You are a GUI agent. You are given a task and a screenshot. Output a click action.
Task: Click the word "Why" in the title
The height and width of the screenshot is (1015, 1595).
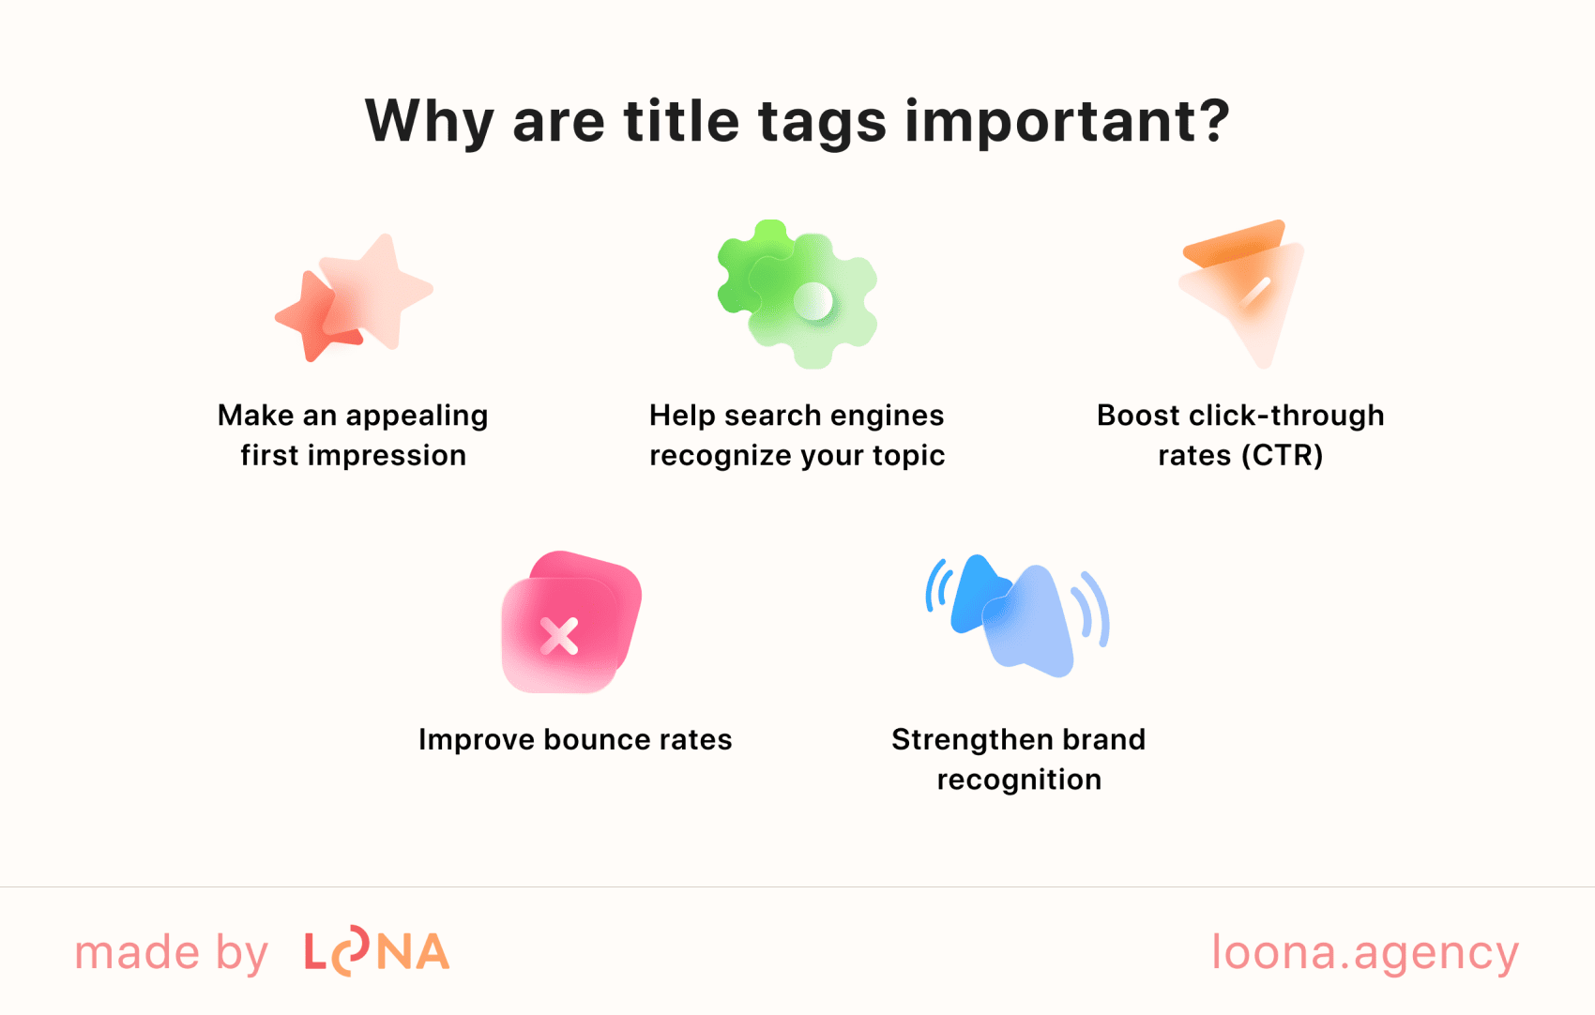click(x=429, y=122)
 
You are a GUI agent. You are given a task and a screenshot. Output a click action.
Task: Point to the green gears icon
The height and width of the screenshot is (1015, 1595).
click(x=797, y=295)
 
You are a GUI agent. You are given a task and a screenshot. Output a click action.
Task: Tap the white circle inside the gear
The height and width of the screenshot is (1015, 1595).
click(x=813, y=301)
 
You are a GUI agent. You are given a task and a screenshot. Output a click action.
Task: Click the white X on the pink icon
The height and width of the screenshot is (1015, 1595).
click(x=559, y=636)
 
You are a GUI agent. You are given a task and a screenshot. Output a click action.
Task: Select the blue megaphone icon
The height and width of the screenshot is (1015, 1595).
click(x=1017, y=615)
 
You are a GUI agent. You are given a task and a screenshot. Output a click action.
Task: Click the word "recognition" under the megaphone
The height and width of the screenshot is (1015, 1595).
click(x=1019, y=780)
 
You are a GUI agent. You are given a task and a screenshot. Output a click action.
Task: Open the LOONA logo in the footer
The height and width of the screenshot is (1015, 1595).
click(x=376, y=952)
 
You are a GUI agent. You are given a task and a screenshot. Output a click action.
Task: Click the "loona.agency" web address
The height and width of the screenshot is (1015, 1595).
click(x=1365, y=953)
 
